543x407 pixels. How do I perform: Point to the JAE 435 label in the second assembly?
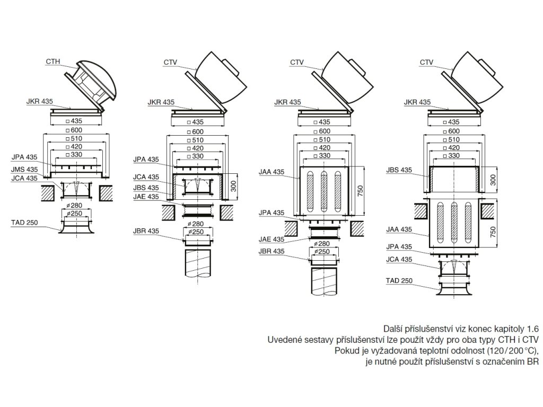(146, 196)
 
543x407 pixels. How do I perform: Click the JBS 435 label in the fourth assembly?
(399, 170)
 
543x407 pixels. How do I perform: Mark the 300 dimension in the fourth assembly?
(493, 179)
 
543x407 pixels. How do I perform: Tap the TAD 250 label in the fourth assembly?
(399, 281)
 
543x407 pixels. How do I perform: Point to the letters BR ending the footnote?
(532, 362)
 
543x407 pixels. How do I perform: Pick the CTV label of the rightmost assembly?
(427, 63)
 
